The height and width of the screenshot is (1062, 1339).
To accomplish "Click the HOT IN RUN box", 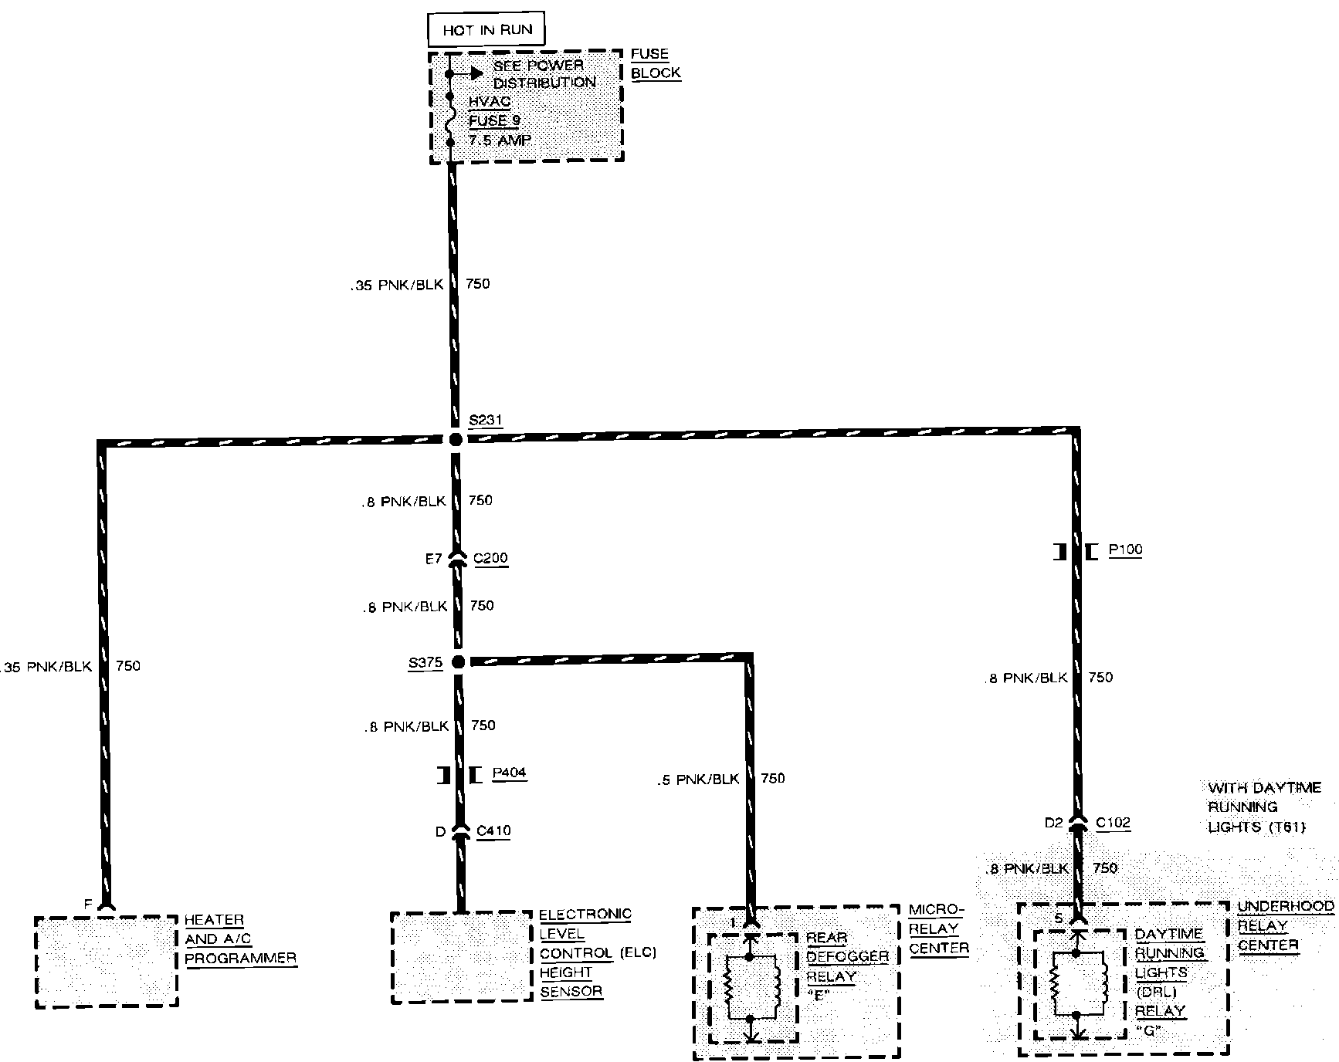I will click(x=486, y=30).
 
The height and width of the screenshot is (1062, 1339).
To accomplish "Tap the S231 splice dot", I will click(x=456, y=439).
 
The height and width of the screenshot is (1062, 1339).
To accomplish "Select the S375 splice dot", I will click(x=458, y=661).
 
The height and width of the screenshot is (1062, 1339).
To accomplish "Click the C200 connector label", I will click(x=490, y=558).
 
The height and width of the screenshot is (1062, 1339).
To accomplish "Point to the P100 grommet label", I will click(x=1125, y=550).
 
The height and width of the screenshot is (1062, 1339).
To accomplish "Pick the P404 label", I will click(x=509, y=773).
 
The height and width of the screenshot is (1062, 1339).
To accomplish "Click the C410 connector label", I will click(x=493, y=831).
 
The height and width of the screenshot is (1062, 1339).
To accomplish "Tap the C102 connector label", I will click(x=1113, y=823).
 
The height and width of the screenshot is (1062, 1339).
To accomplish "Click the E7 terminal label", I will click(x=433, y=559).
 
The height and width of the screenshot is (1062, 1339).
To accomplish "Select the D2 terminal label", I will click(x=1053, y=823).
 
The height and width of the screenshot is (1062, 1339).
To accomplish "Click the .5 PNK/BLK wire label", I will click(x=698, y=780).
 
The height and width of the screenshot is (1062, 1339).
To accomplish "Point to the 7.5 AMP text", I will click(x=500, y=140).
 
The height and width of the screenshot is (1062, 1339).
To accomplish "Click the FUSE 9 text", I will click(x=494, y=121).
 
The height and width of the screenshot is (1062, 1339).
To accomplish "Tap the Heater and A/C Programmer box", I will click(x=107, y=962).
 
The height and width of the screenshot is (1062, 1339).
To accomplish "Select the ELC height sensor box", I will click(x=462, y=957).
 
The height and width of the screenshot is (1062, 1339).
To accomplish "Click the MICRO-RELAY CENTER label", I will click(x=937, y=929).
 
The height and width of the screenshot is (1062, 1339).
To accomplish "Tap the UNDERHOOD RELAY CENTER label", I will click(x=1284, y=925).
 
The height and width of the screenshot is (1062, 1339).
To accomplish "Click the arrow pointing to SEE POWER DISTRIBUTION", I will click(x=471, y=74).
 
